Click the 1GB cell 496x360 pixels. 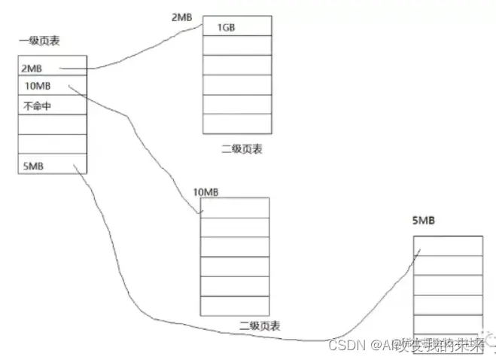point(237,27)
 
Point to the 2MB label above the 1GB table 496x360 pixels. point(184,15)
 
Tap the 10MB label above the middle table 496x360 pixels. point(205,191)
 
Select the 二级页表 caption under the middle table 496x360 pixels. point(260,326)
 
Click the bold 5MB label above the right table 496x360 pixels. point(424,221)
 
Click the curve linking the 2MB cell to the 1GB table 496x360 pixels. point(135,56)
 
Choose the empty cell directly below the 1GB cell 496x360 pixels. point(237,46)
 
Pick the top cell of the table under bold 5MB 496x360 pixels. point(448,246)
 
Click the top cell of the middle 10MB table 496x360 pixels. point(234,208)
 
